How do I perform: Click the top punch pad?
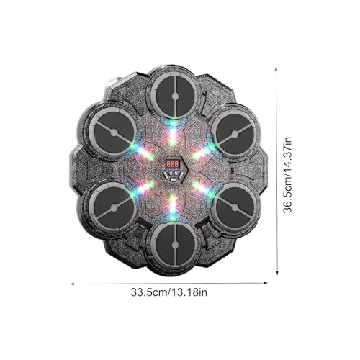(175, 96)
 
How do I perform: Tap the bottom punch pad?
(175, 245)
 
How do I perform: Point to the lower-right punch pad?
(235, 207)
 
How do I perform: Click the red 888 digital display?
(173, 164)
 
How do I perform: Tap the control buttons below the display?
(174, 175)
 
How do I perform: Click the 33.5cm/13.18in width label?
(169, 292)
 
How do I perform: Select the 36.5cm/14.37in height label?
(287, 175)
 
